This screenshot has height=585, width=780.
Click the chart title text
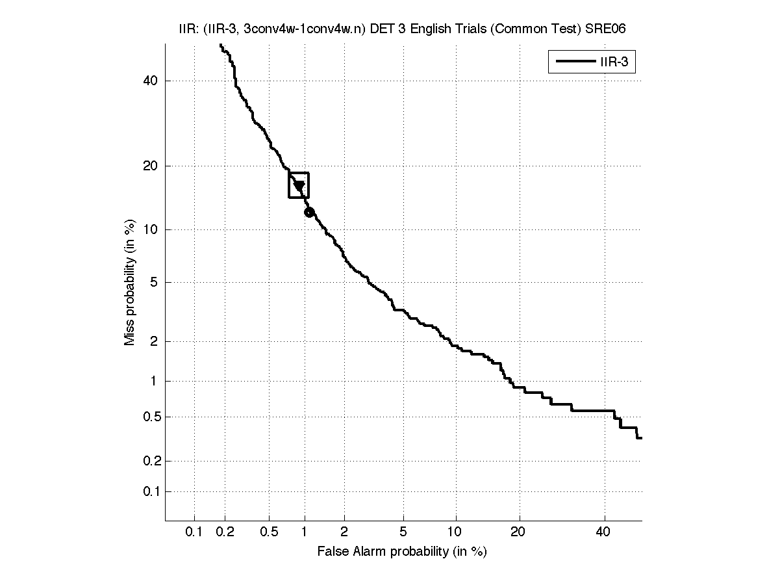(402, 29)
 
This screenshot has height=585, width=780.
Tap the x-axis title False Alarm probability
(402, 552)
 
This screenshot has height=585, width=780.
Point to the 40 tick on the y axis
(151, 81)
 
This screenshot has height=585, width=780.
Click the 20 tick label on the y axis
(151, 166)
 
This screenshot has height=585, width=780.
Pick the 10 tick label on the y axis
(151, 229)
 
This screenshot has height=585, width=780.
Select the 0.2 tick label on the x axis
(225, 532)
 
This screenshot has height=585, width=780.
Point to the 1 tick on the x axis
(304, 532)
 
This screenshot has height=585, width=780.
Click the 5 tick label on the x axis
(403, 532)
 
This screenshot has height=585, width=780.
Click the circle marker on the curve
(309, 212)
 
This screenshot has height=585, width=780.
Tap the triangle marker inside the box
(299, 186)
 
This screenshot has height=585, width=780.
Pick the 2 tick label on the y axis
(154, 341)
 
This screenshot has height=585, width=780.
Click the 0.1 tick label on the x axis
(194, 532)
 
